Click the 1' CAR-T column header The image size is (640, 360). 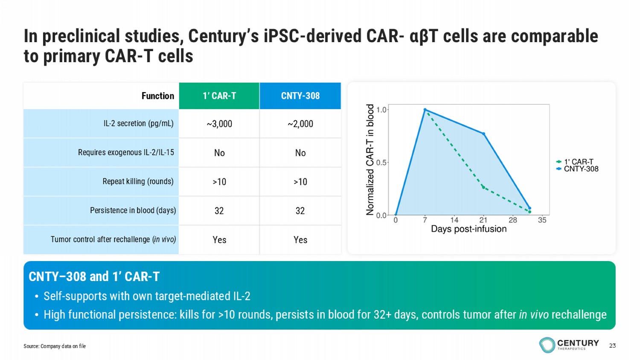219,96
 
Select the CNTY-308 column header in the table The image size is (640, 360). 300,96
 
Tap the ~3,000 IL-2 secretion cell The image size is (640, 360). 219,124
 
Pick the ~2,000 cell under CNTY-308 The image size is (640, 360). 300,124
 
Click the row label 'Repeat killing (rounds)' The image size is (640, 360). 138,181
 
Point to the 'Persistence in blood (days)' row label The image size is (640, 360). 133,210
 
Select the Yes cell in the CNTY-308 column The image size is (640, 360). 300,240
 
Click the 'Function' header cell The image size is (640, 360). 157,96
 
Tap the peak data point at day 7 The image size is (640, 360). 425,110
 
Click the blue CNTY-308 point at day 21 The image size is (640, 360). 483,134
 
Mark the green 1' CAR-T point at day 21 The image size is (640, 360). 483,187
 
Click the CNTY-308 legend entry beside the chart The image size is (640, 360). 581,169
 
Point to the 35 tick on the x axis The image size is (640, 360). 542,220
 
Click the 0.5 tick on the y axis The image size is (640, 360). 381,163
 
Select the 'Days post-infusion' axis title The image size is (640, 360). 468,229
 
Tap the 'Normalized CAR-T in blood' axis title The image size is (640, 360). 370,160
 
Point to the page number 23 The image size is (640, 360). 612,345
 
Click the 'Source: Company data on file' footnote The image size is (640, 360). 55,346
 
